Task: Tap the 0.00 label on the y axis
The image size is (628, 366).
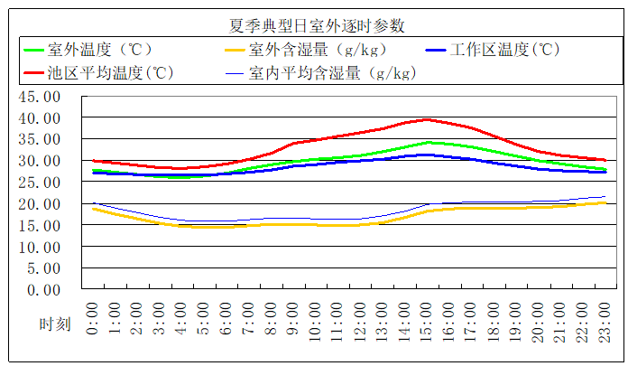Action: coord(46,290)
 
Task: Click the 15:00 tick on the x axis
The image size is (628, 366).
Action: coord(428,316)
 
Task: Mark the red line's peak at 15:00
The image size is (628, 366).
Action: coord(428,119)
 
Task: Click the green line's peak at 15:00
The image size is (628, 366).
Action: coord(428,142)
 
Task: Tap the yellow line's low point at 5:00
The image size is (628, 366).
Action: coord(205,227)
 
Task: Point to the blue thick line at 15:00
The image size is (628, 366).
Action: coord(428,155)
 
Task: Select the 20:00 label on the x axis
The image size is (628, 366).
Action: coord(540,316)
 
